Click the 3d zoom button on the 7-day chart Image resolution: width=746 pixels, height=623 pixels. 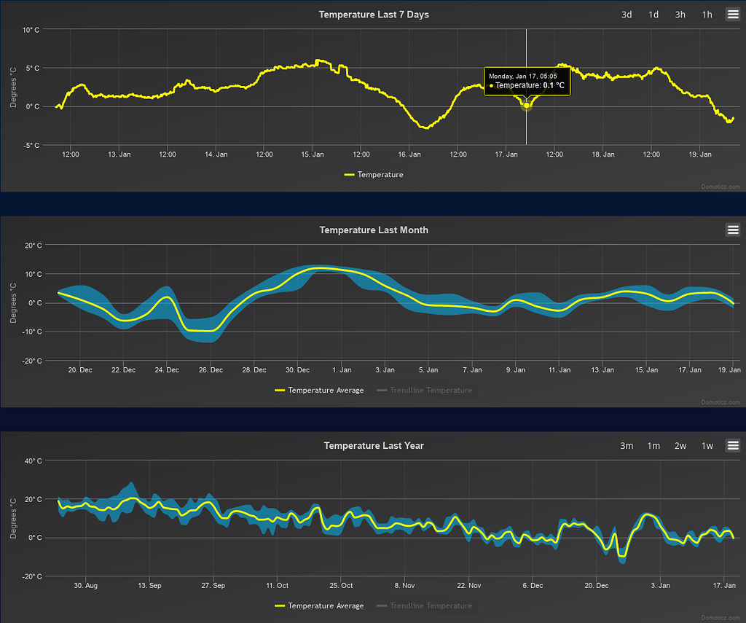[x=626, y=15]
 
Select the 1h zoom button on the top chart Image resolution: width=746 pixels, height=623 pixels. [x=707, y=15]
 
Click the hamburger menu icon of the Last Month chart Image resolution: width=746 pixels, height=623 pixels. [x=733, y=230]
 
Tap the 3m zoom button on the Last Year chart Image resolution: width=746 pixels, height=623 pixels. [x=626, y=445]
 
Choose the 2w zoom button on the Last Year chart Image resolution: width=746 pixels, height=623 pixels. [x=680, y=445]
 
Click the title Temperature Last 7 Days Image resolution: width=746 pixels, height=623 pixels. [x=374, y=15]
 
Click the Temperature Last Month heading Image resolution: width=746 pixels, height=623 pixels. [x=374, y=230]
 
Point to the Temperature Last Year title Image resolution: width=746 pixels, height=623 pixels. [x=374, y=445]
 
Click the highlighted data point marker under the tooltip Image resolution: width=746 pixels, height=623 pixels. [x=527, y=106]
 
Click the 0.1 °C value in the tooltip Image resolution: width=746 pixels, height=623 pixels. [x=554, y=85]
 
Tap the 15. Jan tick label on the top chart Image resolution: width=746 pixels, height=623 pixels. [x=313, y=154]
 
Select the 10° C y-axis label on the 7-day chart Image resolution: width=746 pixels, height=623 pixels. [x=31, y=30]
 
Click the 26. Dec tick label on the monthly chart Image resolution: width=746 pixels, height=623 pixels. [x=211, y=370]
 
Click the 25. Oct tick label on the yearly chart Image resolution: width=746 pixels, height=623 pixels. [x=341, y=585]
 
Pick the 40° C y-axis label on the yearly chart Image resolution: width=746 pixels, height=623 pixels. [x=31, y=461]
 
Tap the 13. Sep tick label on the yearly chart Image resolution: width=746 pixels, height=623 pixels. [x=150, y=585]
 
